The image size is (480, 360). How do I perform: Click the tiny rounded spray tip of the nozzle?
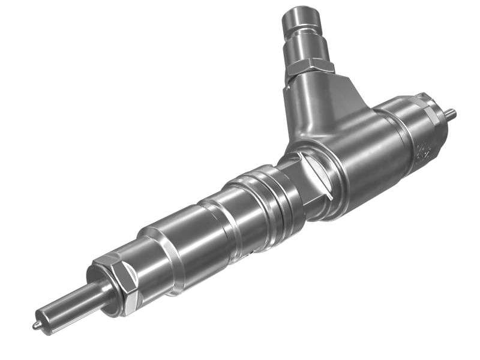click(x=36, y=325)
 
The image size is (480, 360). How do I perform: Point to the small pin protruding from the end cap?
click(x=451, y=112)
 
